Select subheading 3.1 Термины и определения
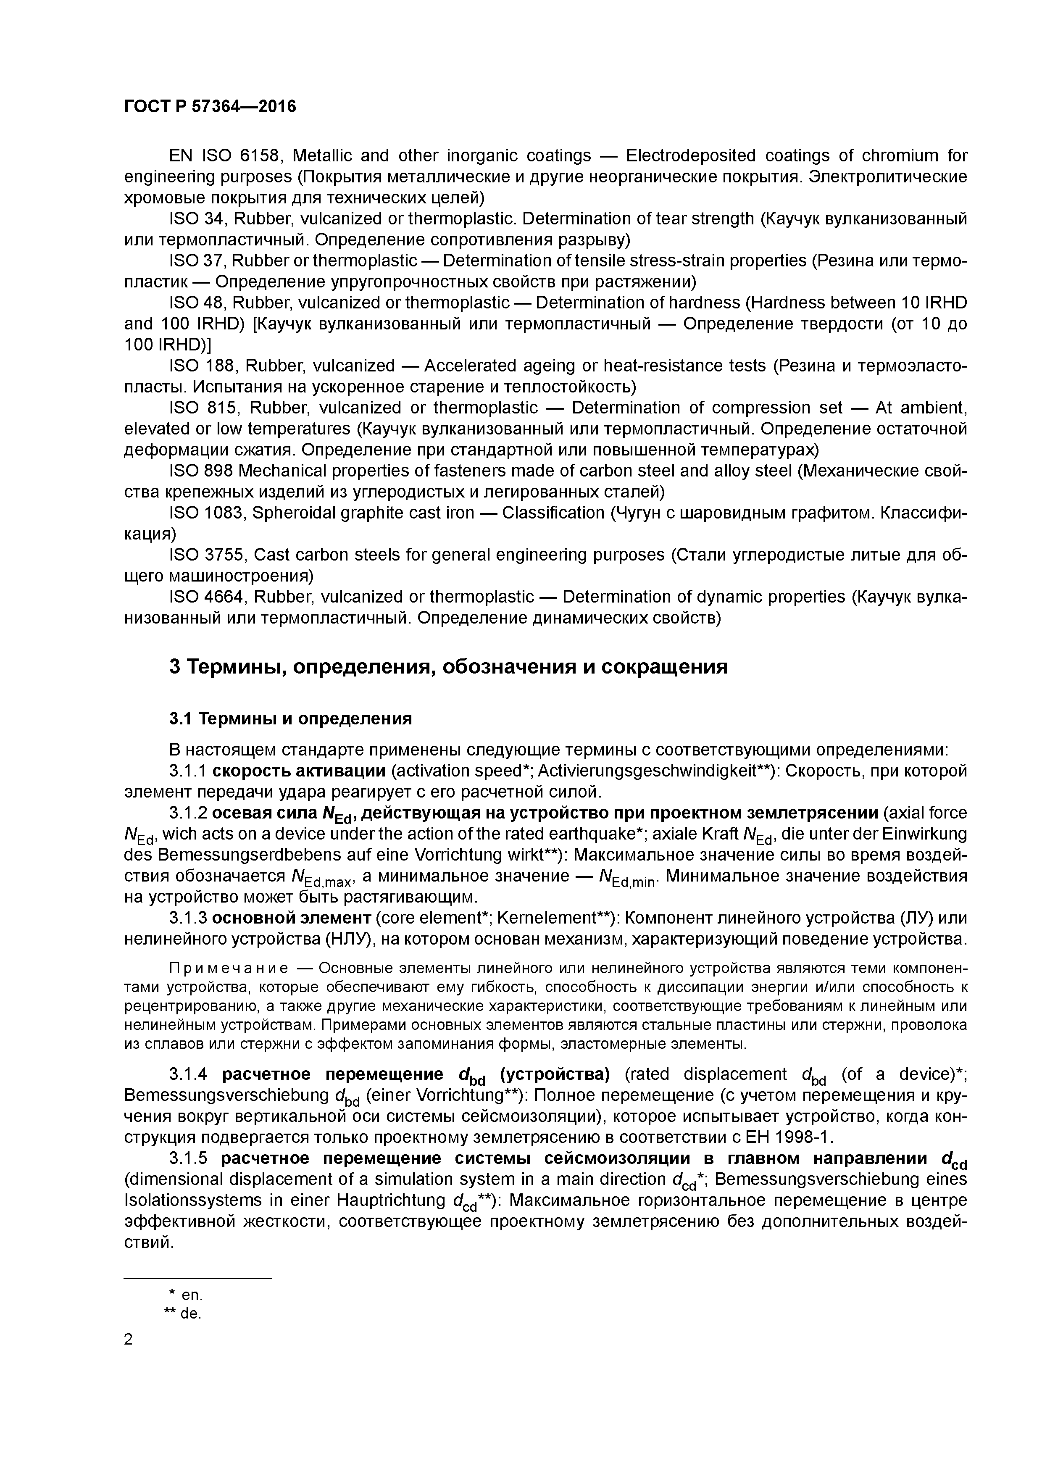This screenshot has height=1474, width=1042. pyautogui.click(x=290, y=719)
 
